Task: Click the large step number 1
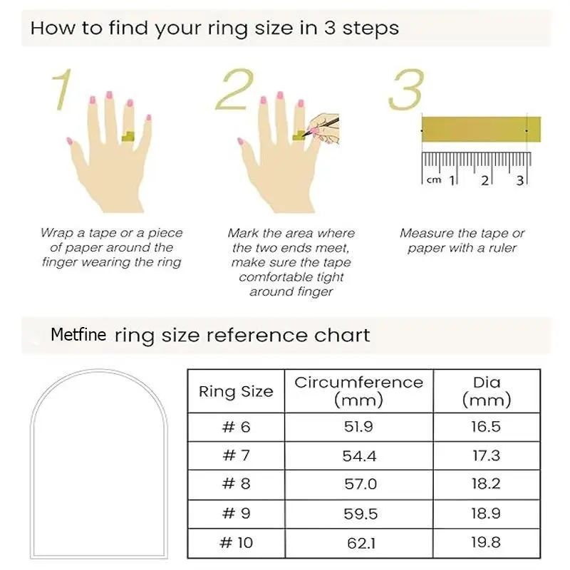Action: [63, 90]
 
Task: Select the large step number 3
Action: [406, 90]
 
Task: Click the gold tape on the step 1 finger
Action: [128, 137]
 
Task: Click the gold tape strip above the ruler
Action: [481, 130]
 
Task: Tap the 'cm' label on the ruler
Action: [434, 180]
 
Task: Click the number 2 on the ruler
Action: [485, 180]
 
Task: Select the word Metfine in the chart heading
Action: [78, 334]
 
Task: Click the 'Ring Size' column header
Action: [236, 391]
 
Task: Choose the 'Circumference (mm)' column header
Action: [359, 391]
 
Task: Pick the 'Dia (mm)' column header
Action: [487, 391]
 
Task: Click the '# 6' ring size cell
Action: [237, 427]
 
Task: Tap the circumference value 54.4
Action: [359, 456]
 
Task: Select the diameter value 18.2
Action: [486, 484]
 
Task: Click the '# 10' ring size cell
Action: [237, 543]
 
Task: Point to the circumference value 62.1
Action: [361, 543]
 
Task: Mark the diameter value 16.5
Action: [486, 426]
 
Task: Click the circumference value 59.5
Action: [361, 514]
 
